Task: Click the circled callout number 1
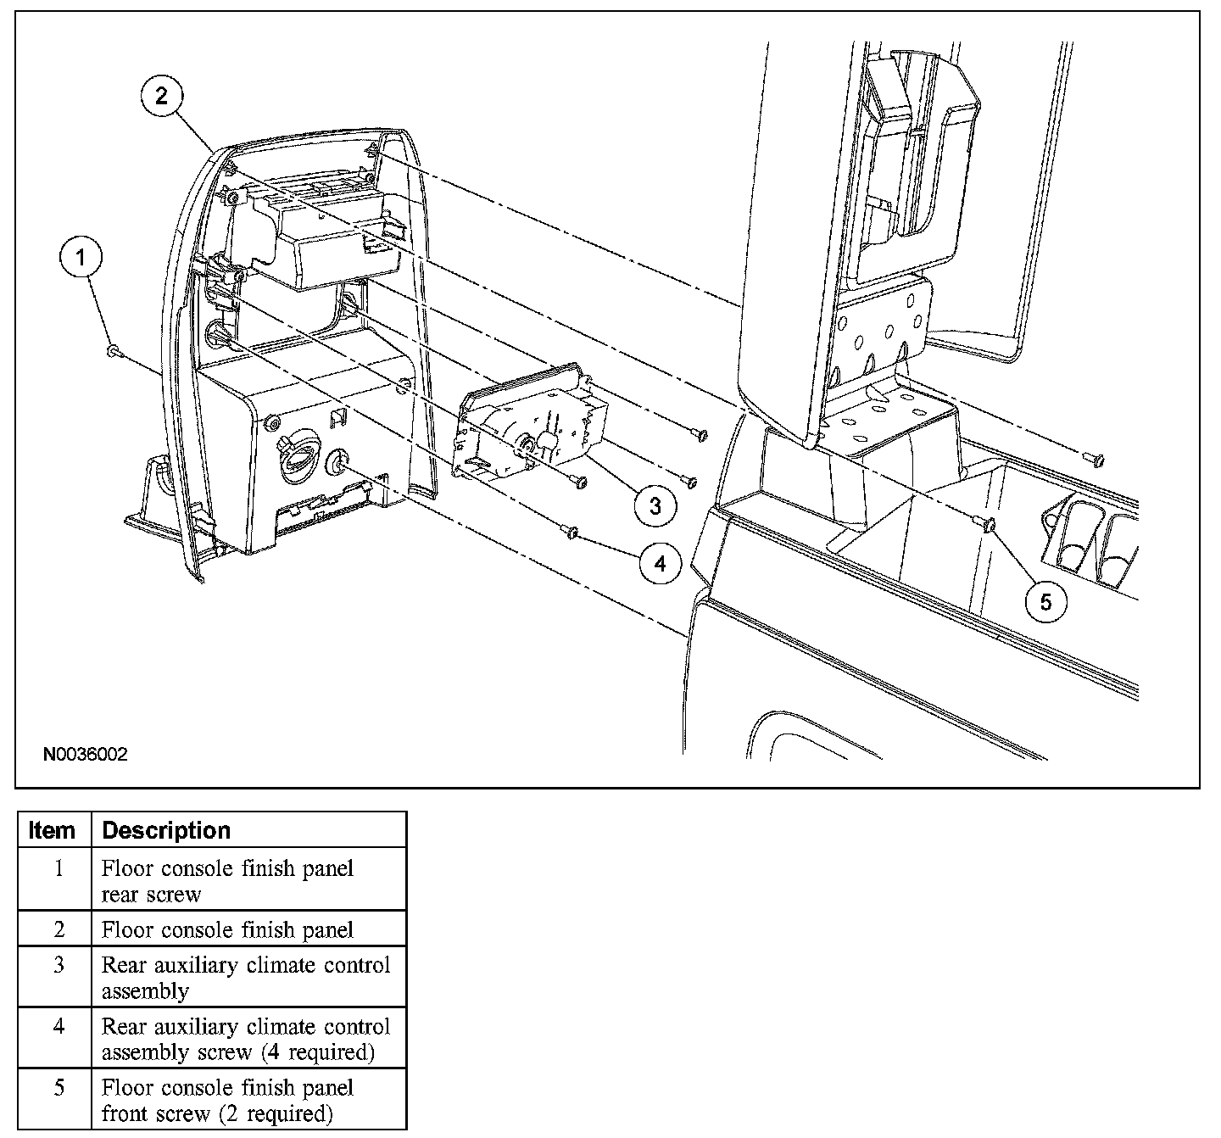tap(81, 258)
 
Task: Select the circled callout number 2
tap(161, 97)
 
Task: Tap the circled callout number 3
tap(655, 505)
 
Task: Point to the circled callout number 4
tap(660, 562)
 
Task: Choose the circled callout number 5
tap(1045, 601)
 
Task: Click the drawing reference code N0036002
tap(86, 754)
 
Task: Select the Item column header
tap(53, 830)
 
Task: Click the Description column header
tap(166, 830)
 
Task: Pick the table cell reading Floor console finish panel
tap(227, 930)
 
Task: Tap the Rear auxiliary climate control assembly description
tap(246, 978)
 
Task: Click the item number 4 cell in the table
tap(59, 1027)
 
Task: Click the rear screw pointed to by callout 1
tap(113, 350)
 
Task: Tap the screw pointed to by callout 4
tap(571, 532)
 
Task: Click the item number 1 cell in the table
tap(59, 869)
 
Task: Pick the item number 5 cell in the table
tap(59, 1088)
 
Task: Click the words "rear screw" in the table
tap(152, 895)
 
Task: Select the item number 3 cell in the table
tap(59, 966)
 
